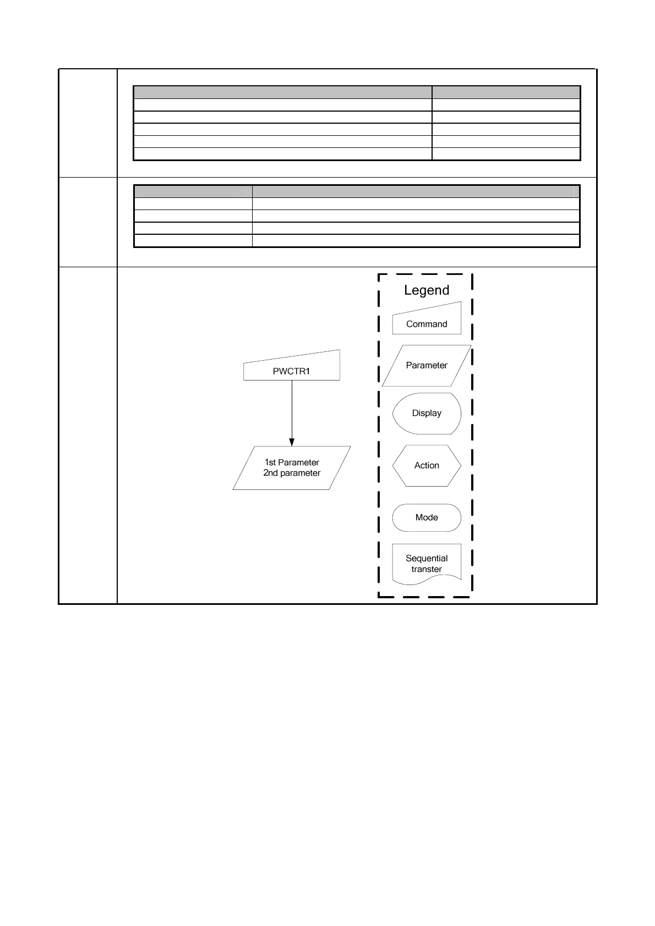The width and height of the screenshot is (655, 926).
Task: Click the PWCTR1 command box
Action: [292, 368]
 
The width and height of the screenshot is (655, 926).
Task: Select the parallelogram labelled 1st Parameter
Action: [292, 468]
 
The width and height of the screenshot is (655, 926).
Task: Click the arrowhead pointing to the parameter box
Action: [292, 442]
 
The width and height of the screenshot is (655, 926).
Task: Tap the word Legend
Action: [427, 290]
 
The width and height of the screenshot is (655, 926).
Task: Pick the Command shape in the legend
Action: [427, 321]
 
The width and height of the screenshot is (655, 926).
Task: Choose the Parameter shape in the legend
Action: [427, 366]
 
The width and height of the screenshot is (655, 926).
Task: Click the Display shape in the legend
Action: [427, 414]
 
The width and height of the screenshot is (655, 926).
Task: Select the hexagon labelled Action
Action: [427, 466]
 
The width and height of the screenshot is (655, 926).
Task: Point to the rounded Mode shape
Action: [427, 517]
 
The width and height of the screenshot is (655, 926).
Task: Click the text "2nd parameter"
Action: [292, 473]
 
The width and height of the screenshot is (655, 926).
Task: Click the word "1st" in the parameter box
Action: [270, 462]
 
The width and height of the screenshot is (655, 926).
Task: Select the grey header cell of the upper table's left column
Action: [282, 92]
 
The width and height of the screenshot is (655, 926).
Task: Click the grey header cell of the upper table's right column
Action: [506, 92]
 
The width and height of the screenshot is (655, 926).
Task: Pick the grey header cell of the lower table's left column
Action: [193, 192]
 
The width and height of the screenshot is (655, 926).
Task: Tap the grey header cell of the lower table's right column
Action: [416, 192]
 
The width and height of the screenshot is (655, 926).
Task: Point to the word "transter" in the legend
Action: [427, 570]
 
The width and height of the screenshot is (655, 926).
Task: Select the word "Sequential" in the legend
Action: [427, 559]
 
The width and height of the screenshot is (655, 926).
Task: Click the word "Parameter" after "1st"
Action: [298, 462]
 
